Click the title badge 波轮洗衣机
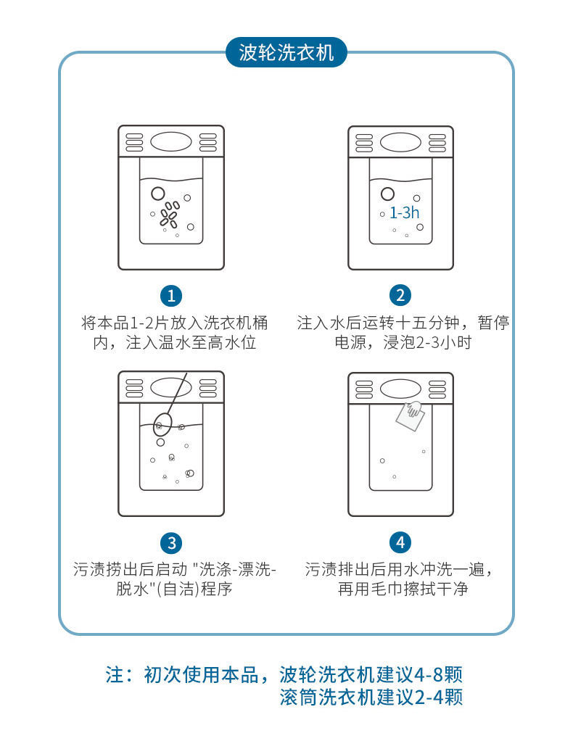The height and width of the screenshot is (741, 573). point(286,53)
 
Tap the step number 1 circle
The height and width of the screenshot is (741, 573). point(171,295)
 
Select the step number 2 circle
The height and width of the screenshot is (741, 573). point(400,295)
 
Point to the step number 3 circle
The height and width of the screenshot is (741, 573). point(171,543)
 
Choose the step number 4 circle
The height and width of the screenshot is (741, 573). point(400,543)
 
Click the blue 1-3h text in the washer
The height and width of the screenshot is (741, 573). point(404,213)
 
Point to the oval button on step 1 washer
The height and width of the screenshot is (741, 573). point(171,142)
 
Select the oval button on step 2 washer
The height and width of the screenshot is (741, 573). point(400,142)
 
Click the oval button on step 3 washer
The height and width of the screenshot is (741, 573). point(171,388)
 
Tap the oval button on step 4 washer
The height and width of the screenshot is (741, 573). point(400,388)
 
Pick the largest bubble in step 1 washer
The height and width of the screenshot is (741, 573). point(157,194)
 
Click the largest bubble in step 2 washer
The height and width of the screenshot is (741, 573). point(387,194)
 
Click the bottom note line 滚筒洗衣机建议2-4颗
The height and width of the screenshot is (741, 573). point(371,697)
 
